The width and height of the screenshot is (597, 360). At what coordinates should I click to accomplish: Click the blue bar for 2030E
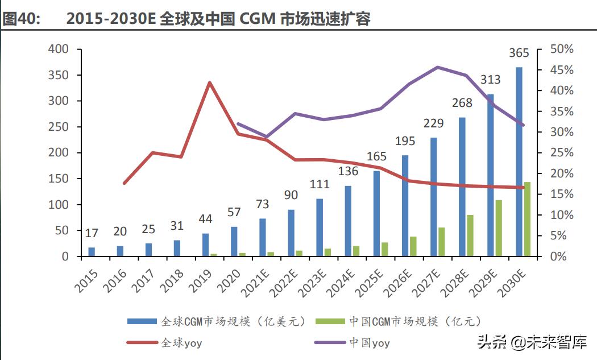click(519, 162)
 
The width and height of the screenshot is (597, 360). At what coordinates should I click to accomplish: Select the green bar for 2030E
click(527, 219)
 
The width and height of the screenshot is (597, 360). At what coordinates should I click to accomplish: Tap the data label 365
click(518, 53)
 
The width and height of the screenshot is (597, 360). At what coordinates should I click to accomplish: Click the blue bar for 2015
click(92, 251)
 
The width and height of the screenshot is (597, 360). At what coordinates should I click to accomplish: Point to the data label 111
click(320, 184)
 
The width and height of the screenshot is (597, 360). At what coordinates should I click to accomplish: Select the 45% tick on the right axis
click(562, 70)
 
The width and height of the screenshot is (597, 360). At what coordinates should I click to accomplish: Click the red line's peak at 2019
click(210, 82)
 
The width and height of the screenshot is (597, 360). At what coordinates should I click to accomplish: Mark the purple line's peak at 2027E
click(437, 67)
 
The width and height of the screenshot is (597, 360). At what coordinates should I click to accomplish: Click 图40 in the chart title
click(22, 19)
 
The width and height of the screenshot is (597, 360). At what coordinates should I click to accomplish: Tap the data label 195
click(405, 141)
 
